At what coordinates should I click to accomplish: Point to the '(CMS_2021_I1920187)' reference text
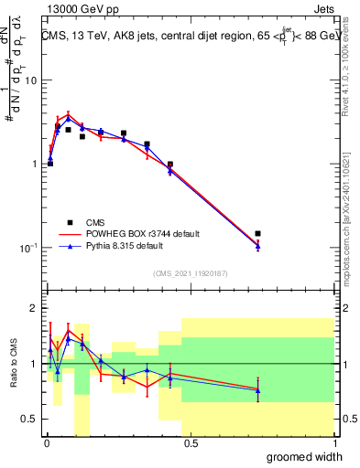pos(190,272)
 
